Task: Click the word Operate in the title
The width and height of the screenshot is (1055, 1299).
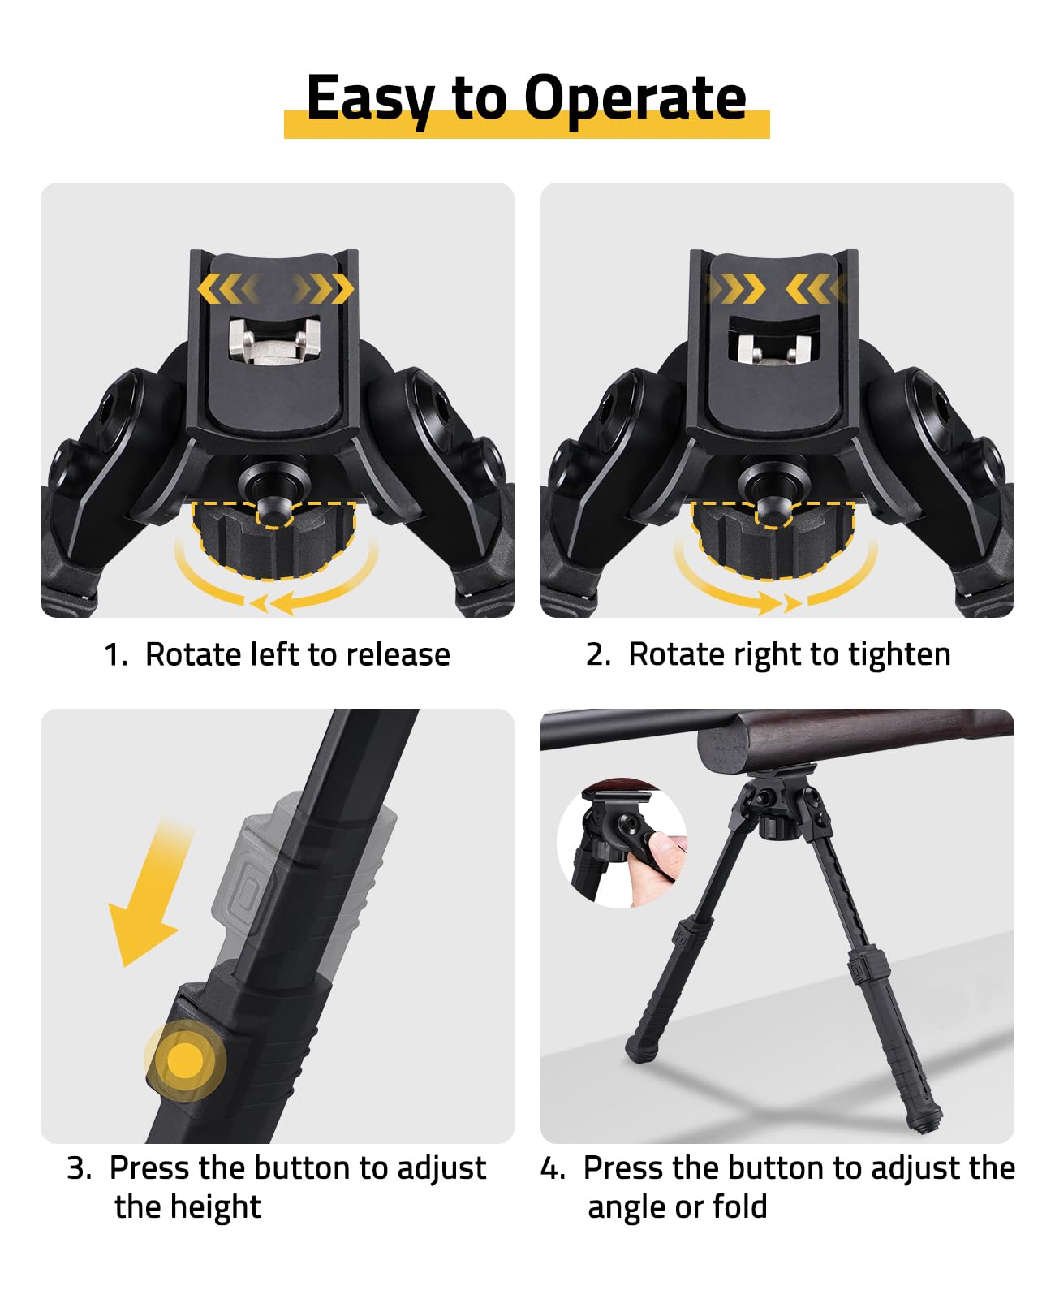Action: click(635, 97)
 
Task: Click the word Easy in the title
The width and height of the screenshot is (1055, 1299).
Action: click(370, 99)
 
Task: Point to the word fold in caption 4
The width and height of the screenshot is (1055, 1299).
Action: click(740, 1207)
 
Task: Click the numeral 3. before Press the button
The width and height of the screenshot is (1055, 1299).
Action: click(80, 1168)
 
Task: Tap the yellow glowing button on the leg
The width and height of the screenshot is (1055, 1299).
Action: click(185, 1060)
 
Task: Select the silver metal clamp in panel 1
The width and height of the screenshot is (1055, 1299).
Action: click(274, 342)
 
